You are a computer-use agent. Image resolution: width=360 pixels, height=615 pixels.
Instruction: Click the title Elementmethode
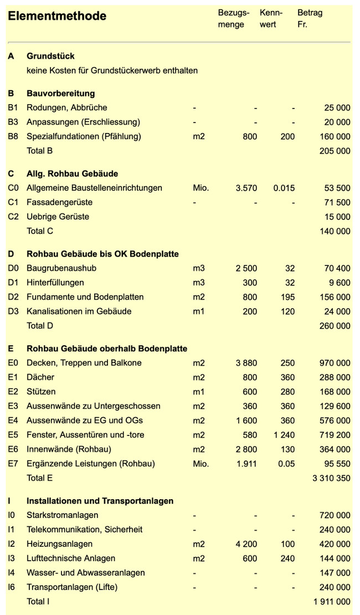tap(57, 16)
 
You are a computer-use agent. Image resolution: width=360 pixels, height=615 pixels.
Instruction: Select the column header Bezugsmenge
tap(233, 18)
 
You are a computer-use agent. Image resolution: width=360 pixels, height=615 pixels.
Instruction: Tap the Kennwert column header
tap(271, 18)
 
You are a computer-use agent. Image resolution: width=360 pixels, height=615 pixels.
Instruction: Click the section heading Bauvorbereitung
tap(60, 93)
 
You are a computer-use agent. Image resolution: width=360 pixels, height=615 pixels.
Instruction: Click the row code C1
tap(13, 202)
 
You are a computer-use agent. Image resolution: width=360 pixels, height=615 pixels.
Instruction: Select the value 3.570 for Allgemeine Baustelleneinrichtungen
tap(246, 188)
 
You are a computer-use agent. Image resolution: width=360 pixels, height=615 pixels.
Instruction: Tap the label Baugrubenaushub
tap(61, 268)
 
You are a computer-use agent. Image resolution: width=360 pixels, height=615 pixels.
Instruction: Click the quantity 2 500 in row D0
tap(246, 268)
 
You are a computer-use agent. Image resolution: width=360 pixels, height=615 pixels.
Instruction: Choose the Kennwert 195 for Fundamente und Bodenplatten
tap(287, 297)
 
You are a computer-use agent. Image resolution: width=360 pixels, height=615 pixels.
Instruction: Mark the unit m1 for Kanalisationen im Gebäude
tap(199, 311)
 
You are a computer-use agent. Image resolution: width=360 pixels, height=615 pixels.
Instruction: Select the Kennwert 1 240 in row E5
tap(284, 435)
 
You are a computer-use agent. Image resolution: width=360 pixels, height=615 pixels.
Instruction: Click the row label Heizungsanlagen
tap(59, 544)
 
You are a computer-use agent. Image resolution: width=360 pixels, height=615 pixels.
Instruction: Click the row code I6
tap(13, 587)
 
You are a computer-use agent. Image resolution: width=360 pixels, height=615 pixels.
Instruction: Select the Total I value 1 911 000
tap(331, 602)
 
